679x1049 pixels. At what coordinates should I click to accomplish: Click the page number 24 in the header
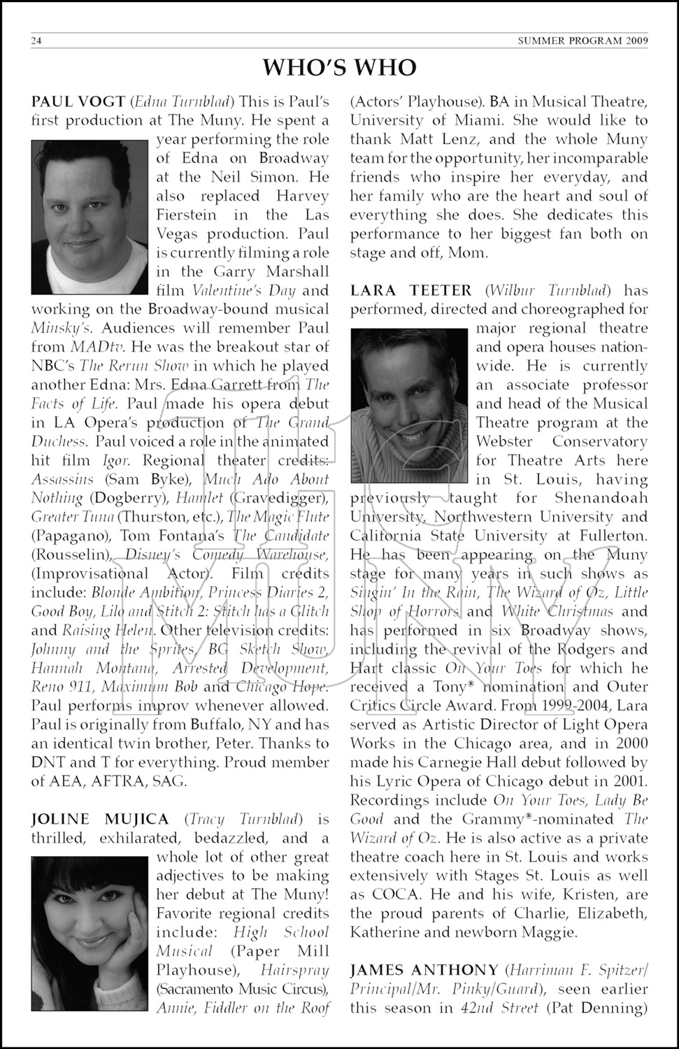click(37, 41)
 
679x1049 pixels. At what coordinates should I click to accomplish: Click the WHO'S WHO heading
click(339, 68)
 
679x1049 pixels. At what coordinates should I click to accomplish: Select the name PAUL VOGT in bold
click(78, 101)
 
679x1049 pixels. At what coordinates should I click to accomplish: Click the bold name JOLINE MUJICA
click(100, 819)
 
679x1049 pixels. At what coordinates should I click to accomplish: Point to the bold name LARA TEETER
click(410, 290)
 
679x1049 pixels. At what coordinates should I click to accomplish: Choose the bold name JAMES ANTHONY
click(424, 970)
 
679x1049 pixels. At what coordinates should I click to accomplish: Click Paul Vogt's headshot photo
click(90, 217)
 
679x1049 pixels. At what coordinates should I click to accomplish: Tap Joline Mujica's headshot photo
click(90, 933)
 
